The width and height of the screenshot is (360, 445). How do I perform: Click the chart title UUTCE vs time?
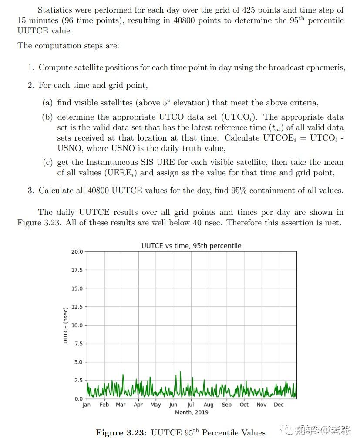point(191,246)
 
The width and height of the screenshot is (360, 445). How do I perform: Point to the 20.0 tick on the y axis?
point(77,251)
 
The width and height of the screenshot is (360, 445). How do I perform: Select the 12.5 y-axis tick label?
point(77,307)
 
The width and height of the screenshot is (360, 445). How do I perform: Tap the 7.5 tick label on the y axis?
point(79,344)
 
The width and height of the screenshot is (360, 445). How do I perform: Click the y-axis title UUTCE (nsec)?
point(66,325)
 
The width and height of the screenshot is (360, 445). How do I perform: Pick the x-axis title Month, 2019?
point(191,412)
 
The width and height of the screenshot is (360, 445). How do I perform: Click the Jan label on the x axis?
point(87,405)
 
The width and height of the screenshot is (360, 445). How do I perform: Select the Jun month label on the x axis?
point(173,405)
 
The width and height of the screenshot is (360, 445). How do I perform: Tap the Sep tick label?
point(227,405)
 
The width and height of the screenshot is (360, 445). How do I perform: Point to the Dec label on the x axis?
point(279,405)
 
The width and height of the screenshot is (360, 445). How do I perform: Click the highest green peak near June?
point(181,372)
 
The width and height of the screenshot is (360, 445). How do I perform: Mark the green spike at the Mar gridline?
point(123,375)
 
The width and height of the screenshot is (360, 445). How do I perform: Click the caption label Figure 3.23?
point(121,433)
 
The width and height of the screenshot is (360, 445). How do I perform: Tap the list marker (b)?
point(47,117)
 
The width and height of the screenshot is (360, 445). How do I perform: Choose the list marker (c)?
point(47,162)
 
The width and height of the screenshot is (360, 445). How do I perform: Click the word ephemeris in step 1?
point(326,67)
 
